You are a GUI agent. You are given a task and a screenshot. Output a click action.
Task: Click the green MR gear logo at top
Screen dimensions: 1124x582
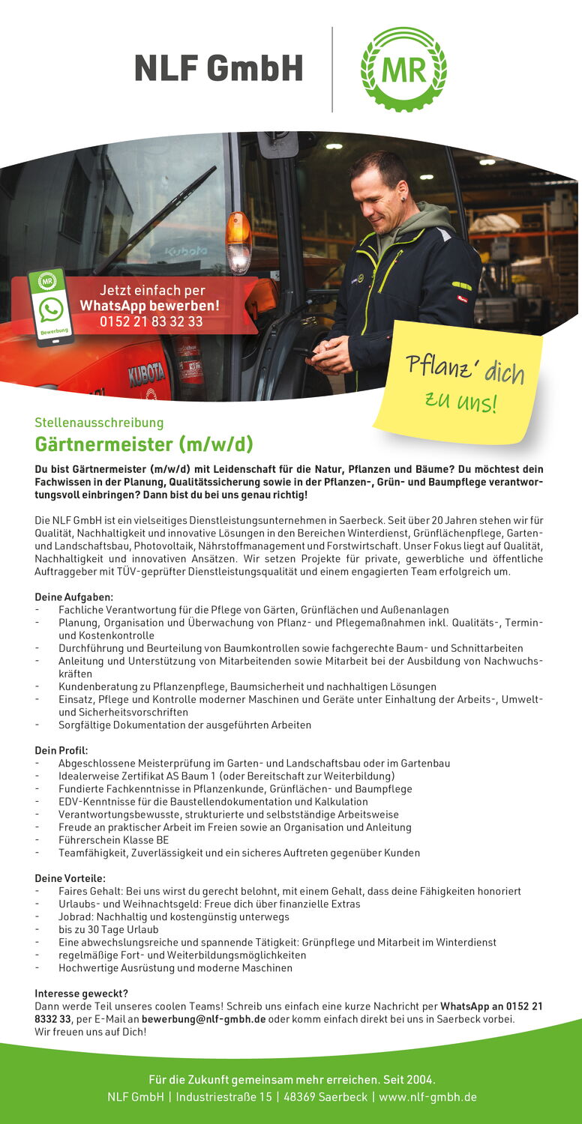point(403,69)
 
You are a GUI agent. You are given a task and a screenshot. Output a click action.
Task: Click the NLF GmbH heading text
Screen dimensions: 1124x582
point(219,69)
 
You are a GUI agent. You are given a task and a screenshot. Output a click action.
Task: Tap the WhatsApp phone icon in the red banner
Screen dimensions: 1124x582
point(51,309)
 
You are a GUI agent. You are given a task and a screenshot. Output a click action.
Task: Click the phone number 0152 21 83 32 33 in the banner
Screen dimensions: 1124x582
point(151,321)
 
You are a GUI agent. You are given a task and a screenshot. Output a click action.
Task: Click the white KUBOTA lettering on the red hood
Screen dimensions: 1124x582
point(146,373)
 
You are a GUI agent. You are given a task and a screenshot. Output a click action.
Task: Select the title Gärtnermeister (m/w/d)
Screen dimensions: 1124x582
point(144,444)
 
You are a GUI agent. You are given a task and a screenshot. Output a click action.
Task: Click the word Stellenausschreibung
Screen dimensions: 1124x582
point(99,423)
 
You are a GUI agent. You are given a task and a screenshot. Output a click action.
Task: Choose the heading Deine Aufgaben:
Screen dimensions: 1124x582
point(73,597)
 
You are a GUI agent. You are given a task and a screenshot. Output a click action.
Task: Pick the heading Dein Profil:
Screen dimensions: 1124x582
point(61,750)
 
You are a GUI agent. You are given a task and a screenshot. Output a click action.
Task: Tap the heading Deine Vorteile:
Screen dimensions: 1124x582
point(70,878)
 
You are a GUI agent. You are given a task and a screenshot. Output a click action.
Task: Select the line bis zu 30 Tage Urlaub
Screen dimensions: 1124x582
point(109,930)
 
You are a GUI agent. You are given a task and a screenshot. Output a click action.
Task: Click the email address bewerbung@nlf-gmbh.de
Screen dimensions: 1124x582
point(203,1019)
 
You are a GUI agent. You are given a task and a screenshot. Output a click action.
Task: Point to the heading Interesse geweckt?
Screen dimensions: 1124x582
point(81,994)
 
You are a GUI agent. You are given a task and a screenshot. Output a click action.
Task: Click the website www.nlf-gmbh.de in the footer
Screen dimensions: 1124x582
point(427,1097)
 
